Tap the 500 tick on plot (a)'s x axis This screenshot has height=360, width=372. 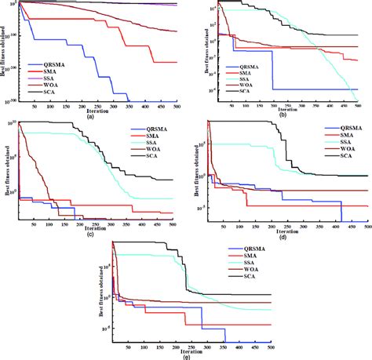pyautogui.click(x=181, y=106)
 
